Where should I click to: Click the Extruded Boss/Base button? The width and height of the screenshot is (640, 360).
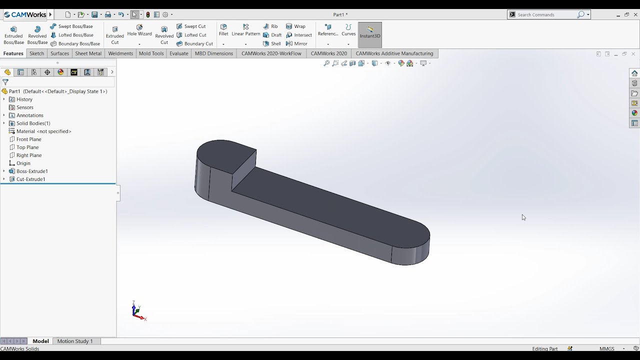pyautogui.click(x=13, y=35)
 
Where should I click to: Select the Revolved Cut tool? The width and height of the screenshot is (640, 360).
pyautogui.click(x=164, y=35)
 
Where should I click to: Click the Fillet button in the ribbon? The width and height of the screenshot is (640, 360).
pyautogui.click(x=223, y=30)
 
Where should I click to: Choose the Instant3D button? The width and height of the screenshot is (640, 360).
pyautogui.click(x=370, y=32)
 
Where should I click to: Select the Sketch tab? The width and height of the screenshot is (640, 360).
pyautogui.click(x=36, y=53)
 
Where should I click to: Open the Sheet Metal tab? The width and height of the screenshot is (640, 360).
pyautogui.click(x=88, y=53)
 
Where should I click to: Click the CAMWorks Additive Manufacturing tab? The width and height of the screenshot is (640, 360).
pyautogui.click(x=394, y=53)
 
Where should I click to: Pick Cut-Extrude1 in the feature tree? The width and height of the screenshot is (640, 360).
pyautogui.click(x=30, y=179)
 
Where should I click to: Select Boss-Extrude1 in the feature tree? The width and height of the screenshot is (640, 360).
pyautogui.click(x=32, y=171)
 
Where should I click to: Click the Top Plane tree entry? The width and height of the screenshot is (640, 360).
pyautogui.click(x=27, y=147)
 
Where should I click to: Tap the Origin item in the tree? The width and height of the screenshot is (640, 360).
pyautogui.click(x=23, y=163)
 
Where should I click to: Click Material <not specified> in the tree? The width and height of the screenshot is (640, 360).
pyautogui.click(x=43, y=131)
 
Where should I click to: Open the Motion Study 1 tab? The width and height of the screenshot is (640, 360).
pyautogui.click(x=75, y=341)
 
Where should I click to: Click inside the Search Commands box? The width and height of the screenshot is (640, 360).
pyautogui.click(x=545, y=14)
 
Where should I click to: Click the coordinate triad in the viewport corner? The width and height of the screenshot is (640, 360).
pyautogui.click(x=136, y=312)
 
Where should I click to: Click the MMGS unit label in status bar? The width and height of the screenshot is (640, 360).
pyautogui.click(x=607, y=348)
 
